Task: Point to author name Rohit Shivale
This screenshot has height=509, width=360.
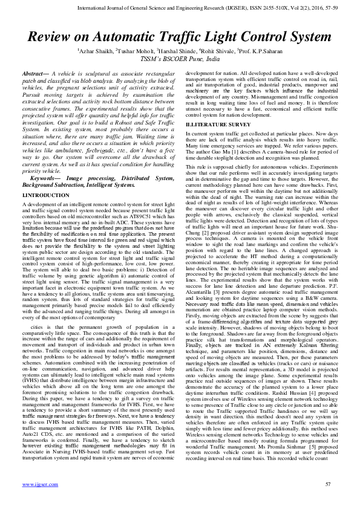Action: (x=218, y=52)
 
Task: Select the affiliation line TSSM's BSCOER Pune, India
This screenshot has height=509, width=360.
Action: (x=180, y=60)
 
